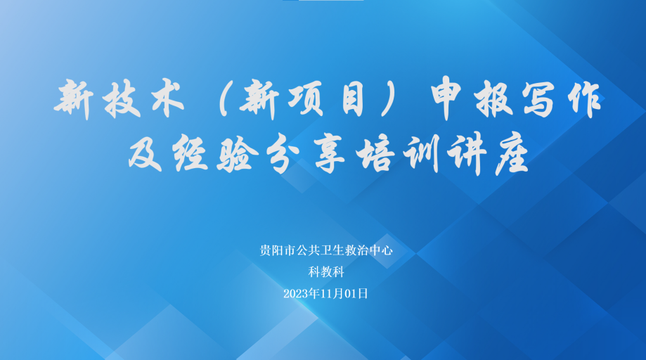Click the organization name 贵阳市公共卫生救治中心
[326, 250]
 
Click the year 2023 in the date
[296, 294]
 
